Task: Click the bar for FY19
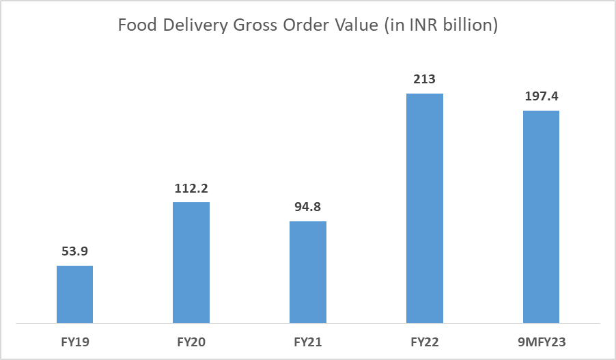click(74, 294)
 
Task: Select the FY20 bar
click(191, 262)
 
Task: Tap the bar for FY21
click(308, 272)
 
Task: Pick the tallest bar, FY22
click(425, 208)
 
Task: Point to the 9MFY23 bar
click(541, 217)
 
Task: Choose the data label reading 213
click(425, 80)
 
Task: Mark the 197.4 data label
click(541, 97)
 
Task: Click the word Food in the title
click(134, 25)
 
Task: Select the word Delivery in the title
click(188, 25)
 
